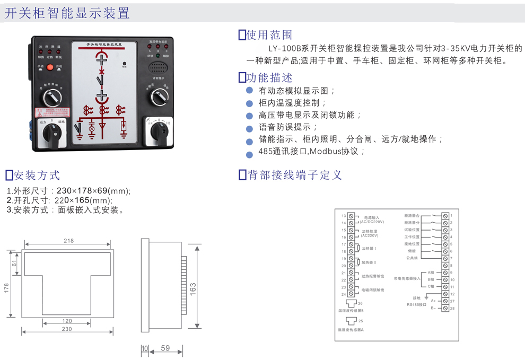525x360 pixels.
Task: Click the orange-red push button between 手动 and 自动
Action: tap(50, 67)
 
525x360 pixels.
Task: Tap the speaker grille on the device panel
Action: tap(157, 67)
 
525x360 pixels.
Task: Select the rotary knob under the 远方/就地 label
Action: tap(52, 132)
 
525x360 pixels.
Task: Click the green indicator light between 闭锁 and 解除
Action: tap(157, 55)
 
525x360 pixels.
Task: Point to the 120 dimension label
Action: tap(67, 321)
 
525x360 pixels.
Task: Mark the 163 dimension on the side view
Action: tap(194, 288)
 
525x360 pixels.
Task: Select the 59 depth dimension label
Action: tap(165, 348)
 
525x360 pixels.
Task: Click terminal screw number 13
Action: tap(351, 216)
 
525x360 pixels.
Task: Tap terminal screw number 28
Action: tap(445, 308)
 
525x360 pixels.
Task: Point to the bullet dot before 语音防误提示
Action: tap(249, 128)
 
